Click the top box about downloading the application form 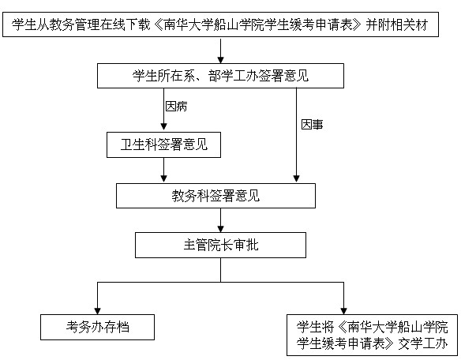point(220,24)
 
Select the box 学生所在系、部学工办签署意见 point(220,76)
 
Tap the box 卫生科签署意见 point(163,144)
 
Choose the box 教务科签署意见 point(216,196)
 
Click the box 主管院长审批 point(220,246)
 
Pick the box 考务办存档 point(97,327)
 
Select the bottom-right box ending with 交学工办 point(373,335)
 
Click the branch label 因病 point(176,106)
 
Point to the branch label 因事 point(312,125)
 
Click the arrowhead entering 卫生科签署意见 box point(164,127)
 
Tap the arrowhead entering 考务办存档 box point(98,310)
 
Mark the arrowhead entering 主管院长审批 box point(221,229)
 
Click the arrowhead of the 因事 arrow point(296,179)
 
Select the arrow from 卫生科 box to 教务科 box point(164,171)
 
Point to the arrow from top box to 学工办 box point(221,50)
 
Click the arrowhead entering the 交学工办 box point(343,310)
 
